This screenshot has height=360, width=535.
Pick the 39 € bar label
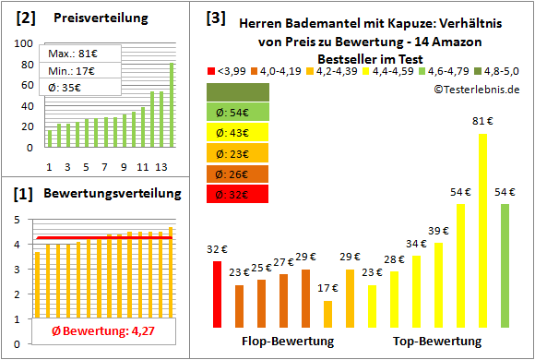pos(438,231)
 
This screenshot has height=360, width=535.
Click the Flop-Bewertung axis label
pos(288,342)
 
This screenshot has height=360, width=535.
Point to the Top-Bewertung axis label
pos(437,342)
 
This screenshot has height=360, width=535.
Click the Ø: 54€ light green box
pos(239,112)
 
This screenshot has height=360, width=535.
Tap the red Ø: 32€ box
pos(239,194)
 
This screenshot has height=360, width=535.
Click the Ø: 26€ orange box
pos(239,174)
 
